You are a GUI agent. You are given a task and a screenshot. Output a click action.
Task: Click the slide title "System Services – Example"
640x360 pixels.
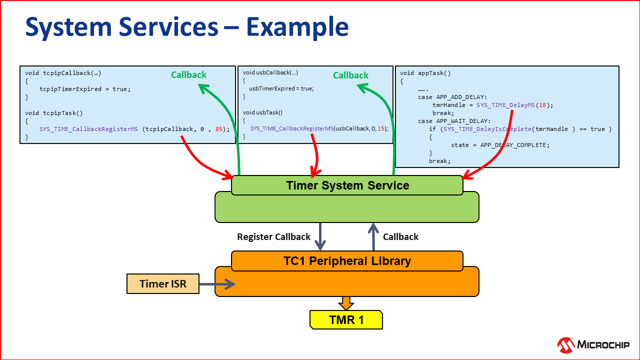186,26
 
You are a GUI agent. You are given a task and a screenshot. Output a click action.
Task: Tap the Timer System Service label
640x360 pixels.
347,185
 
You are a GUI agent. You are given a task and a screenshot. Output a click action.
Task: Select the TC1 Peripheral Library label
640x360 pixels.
347,261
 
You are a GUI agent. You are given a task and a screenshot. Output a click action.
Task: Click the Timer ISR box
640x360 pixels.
163,284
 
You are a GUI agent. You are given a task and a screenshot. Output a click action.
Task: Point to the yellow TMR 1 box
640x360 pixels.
346,320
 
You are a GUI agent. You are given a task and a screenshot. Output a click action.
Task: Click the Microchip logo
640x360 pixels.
593,344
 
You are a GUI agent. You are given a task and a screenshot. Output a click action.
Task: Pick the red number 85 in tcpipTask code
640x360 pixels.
219,128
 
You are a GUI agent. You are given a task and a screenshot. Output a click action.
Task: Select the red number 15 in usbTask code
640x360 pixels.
381,128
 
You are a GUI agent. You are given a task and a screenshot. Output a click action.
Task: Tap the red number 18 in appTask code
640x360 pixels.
544,105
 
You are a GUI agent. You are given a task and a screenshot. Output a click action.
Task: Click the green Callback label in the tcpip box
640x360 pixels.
188,75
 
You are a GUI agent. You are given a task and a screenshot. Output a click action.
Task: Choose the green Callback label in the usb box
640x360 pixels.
350,75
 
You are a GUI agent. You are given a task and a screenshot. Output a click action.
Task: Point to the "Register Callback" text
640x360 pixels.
273,237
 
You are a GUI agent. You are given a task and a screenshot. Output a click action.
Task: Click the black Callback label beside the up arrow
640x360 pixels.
400,237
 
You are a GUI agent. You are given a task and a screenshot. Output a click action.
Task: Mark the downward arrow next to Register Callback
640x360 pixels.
320,237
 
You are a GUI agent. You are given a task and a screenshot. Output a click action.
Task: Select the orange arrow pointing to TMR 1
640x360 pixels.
346,303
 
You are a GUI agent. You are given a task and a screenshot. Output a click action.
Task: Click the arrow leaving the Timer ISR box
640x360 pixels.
217,284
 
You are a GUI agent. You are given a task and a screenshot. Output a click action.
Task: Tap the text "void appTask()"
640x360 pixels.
425,73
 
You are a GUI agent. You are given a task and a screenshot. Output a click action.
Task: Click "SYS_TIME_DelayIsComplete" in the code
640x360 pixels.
487,129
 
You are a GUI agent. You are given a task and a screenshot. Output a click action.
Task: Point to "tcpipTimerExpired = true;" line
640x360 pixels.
85,89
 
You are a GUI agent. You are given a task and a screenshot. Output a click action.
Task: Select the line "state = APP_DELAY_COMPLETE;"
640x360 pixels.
500,145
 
